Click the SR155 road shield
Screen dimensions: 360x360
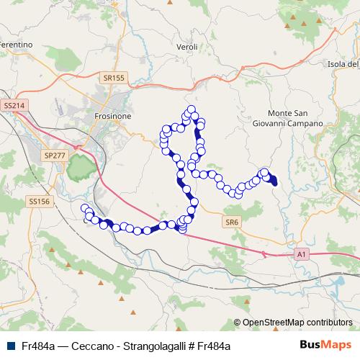(114, 77)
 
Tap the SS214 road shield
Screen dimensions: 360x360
(14, 105)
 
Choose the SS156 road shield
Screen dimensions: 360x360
(40, 202)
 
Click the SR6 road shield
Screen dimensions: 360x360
(231, 222)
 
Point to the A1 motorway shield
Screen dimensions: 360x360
(302, 254)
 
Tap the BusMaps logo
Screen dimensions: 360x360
(325, 345)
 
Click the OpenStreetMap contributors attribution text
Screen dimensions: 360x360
(297, 323)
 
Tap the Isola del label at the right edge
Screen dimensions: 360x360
(343, 64)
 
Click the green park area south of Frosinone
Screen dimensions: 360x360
(81, 169)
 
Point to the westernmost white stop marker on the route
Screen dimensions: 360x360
(85, 209)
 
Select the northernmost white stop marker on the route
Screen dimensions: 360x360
(192, 109)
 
